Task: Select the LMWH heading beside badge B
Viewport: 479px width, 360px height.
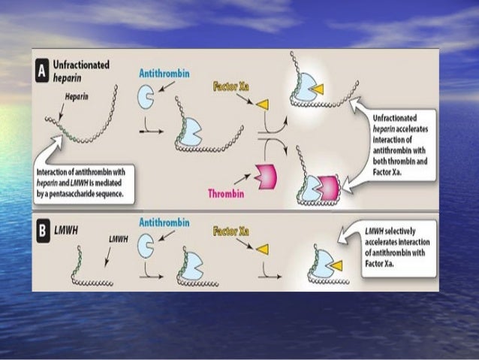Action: pos(72,228)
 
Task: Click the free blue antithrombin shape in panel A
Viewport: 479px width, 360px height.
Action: pos(148,97)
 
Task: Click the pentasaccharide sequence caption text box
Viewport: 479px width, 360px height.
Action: pos(85,182)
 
